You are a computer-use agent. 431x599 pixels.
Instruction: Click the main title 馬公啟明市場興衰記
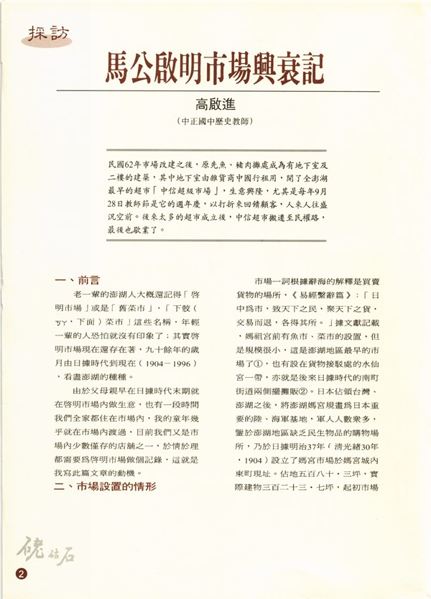(x=215, y=68)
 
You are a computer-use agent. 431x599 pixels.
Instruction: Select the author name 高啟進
(x=215, y=108)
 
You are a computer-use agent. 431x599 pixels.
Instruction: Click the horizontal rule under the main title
(x=215, y=91)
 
